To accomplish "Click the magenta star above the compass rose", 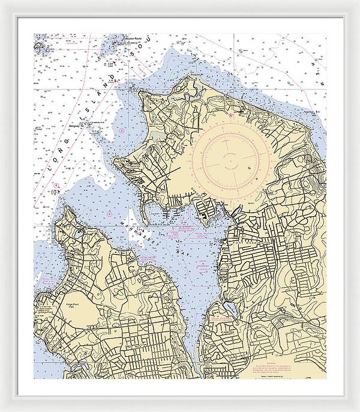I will click(x=230, y=114).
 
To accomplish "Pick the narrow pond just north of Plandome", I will click(x=223, y=312).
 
